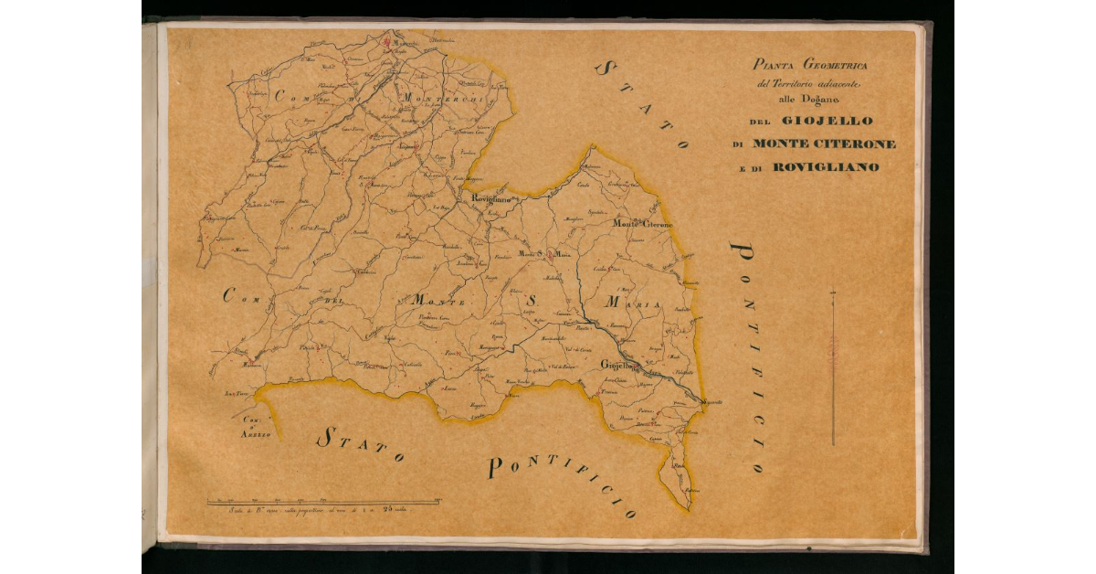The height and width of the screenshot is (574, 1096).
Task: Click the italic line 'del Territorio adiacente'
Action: [x=811, y=84]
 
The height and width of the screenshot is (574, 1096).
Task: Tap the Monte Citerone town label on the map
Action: [x=642, y=224]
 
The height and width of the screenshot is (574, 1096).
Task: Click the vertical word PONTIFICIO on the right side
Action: [x=749, y=356]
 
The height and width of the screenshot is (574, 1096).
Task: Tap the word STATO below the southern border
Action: [x=361, y=445]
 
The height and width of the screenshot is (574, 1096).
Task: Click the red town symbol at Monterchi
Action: [x=388, y=41]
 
